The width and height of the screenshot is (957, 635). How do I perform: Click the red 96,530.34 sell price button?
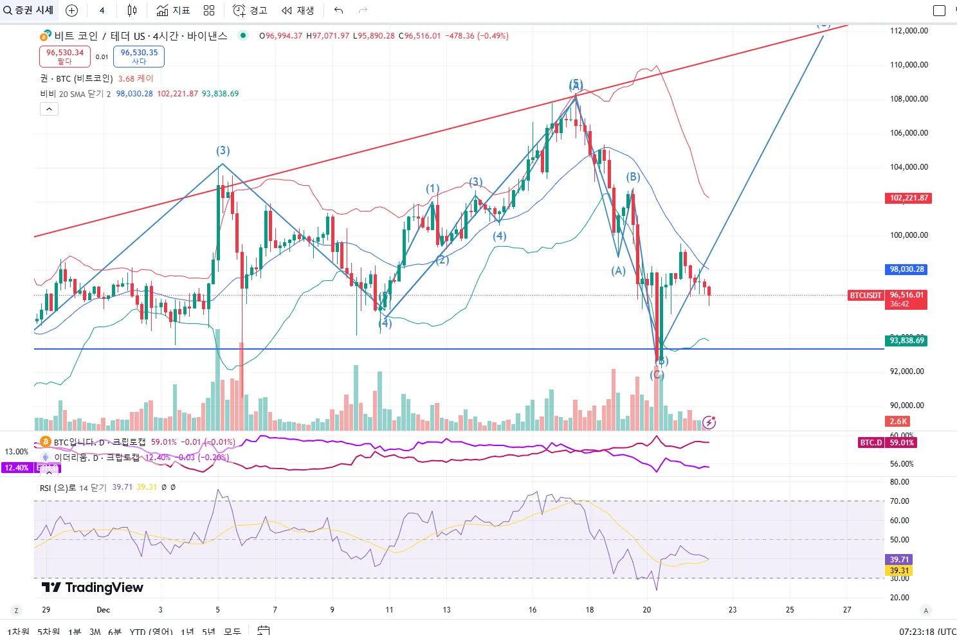coord(65,57)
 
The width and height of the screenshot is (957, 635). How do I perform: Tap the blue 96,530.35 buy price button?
coord(139,57)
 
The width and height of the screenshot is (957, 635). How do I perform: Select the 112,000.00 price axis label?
coord(909,31)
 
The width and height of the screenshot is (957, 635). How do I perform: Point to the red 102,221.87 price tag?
coord(908,198)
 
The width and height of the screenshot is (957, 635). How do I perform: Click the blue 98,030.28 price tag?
coord(907,269)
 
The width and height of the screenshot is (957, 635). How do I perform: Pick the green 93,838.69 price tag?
coord(907,341)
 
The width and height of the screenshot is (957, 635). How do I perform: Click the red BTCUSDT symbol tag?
coord(866,296)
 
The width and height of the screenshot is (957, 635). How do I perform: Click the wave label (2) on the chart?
coord(442,260)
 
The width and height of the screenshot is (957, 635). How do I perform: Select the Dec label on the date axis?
coord(103,610)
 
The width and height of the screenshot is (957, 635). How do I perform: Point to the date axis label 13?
coord(446,610)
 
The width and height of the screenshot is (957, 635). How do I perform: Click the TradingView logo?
coord(93,587)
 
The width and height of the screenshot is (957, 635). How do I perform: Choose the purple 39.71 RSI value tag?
coord(899,560)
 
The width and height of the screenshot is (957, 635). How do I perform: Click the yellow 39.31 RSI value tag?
coord(899,571)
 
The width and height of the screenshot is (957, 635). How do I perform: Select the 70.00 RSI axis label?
coord(899,501)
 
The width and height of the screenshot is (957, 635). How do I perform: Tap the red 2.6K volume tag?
coord(898,422)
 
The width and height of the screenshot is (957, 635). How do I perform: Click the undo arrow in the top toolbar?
coord(339,10)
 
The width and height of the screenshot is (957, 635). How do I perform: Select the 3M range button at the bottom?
coord(95,631)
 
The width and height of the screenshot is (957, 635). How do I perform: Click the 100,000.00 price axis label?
coord(909,235)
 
